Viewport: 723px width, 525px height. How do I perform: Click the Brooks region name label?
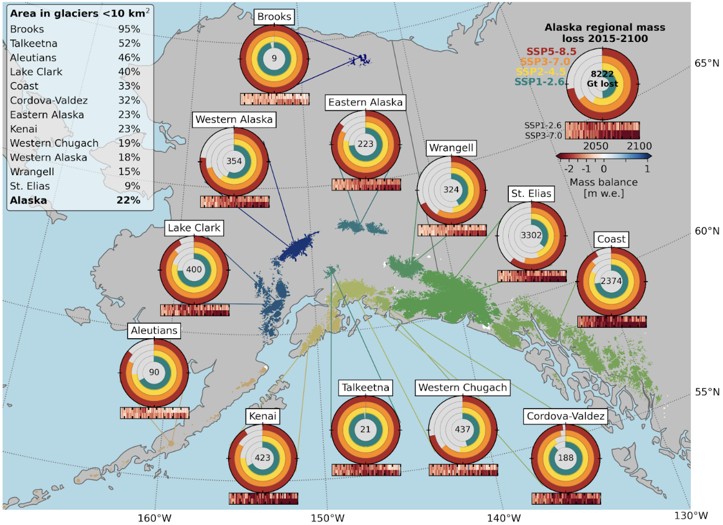pos(274,17)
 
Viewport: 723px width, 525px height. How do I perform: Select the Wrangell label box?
pos(451,148)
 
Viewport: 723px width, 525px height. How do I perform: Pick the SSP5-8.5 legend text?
pos(551,52)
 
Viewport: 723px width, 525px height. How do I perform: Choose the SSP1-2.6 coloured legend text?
pos(540,83)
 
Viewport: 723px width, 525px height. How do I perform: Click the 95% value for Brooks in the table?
pos(128,29)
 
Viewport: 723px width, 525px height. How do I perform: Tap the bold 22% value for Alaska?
pos(128,200)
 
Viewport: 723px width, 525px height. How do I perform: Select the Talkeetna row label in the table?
pos(34,43)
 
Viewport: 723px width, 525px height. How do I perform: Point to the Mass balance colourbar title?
pos(603,182)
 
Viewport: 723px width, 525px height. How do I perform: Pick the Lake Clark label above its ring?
pos(194,228)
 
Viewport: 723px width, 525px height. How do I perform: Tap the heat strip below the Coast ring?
pos(612,321)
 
